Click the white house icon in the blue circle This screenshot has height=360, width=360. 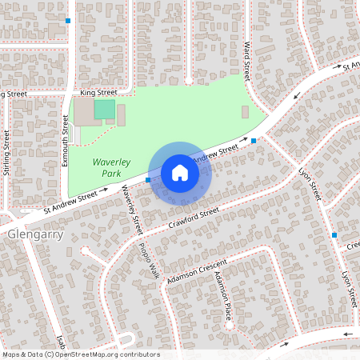click(x=180, y=172)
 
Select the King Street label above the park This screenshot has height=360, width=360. click(x=98, y=93)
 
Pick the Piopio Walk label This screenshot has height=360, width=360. click(x=149, y=261)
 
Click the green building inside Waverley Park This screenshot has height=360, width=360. click(x=104, y=110)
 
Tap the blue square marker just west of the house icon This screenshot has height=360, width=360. click(x=149, y=180)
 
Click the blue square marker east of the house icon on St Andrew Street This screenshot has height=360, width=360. click(x=254, y=142)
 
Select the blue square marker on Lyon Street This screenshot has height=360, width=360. click(x=334, y=235)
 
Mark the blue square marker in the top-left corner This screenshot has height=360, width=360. click(x=68, y=20)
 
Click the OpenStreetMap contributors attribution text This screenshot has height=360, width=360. click(x=81, y=354)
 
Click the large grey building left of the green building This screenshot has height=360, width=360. click(x=83, y=111)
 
